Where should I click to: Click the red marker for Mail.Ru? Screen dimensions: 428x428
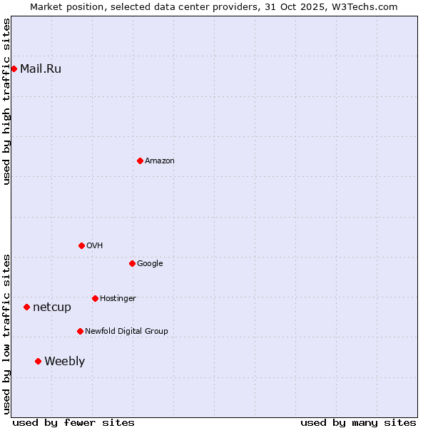tap(14, 68)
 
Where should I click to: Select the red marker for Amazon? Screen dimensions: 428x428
tap(140, 160)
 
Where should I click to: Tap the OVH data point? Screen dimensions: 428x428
tap(81, 245)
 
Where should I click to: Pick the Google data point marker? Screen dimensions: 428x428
tap(132, 263)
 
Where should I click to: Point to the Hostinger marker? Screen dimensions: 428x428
tap(95, 298)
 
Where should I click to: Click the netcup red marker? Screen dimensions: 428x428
tap(26, 307)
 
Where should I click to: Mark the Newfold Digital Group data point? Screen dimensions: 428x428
tap(80, 331)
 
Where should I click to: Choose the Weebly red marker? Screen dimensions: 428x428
tap(38, 361)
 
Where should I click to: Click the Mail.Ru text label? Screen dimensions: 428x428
tap(41, 68)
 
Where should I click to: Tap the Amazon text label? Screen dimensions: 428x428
tap(160, 160)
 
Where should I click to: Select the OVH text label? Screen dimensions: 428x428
tap(95, 245)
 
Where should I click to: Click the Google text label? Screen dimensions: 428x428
tap(150, 263)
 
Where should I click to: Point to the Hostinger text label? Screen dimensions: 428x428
tap(118, 298)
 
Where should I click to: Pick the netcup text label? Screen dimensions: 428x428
tap(52, 307)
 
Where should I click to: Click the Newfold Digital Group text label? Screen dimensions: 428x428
tap(126, 331)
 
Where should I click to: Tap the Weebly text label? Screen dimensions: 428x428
tap(64, 361)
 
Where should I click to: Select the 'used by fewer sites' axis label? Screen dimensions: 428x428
tap(73, 422)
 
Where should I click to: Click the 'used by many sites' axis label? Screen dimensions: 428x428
tap(358, 422)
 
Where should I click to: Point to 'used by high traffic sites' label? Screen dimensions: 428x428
tap(6, 101)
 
